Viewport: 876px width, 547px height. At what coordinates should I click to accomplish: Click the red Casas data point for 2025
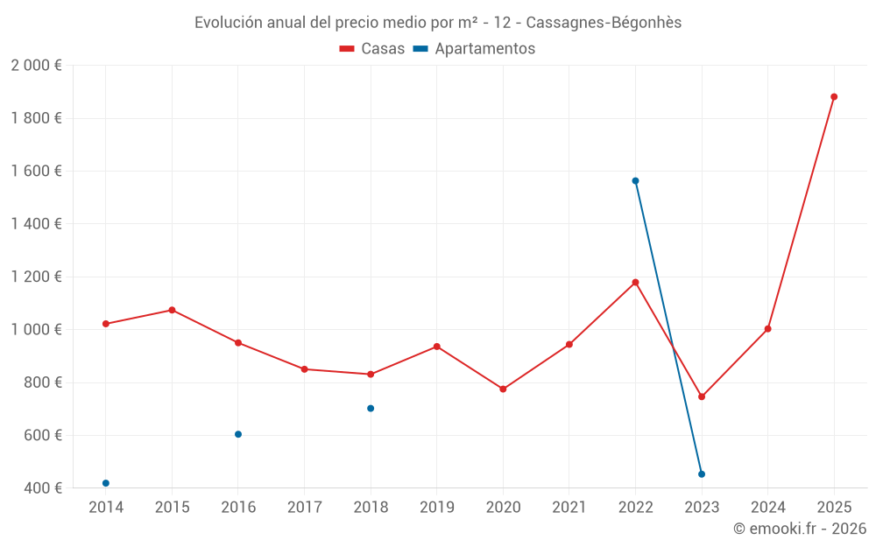point(834,97)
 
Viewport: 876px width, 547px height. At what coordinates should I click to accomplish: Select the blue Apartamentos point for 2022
point(635,181)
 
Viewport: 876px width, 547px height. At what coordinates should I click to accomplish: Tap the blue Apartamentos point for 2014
point(106,483)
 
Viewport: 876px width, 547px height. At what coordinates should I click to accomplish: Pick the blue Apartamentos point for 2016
point(238,434)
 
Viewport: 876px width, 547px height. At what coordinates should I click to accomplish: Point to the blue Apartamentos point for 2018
point(371,408)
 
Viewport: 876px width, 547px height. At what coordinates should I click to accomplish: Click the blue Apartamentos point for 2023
point(702,474)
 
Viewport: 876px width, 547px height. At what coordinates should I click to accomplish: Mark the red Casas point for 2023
point(702,396)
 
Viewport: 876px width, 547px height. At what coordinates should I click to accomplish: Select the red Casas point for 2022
point(635,283)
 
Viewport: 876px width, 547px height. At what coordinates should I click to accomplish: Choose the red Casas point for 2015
point(172,310)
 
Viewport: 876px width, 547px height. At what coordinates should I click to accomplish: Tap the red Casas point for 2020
point(503,389)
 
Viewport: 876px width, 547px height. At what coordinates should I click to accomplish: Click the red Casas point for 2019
point(437,347)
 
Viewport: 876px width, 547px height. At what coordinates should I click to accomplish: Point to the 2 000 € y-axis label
point(36,66)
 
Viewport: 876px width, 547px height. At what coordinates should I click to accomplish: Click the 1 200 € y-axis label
point(36,277)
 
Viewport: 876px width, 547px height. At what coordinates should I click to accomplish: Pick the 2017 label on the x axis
point(304,507)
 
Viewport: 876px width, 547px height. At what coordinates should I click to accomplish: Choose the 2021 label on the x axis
point(569,507)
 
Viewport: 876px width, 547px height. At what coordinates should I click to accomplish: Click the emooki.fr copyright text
point(799,529)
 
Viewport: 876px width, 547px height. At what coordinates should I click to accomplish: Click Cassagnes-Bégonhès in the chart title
point(604,23)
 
